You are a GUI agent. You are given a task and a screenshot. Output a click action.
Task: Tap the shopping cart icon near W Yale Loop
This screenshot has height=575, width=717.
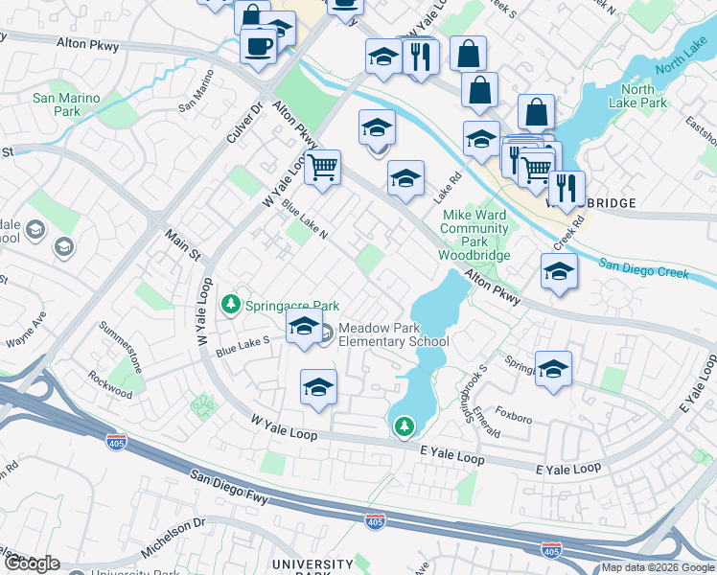point(323,167)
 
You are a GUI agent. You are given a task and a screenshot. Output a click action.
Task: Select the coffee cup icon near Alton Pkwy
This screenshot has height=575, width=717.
point(257,44)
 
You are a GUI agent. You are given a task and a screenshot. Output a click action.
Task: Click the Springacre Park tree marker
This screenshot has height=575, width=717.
point(231,305)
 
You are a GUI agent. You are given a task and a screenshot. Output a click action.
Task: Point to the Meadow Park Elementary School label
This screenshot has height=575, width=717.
point(393,334)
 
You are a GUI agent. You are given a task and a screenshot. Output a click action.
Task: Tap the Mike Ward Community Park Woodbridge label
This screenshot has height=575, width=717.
point(474,236)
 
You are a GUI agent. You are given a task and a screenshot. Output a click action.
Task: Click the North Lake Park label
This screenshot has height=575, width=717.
point(637,96)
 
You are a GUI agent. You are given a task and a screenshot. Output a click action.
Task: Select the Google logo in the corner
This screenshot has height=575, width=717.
point(32,563)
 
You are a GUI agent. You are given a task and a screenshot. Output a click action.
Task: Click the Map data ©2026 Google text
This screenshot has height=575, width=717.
point(658,567)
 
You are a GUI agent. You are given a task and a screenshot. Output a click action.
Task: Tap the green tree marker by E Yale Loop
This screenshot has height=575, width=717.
point(405,425)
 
